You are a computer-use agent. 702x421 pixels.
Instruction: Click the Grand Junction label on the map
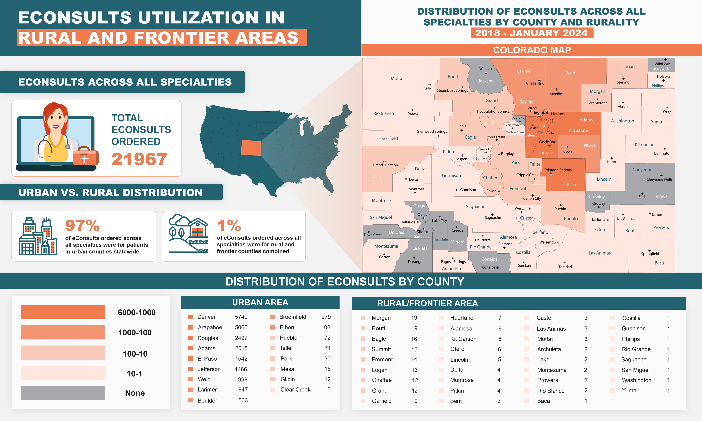click(385, 165)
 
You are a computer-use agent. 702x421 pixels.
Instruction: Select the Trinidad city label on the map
click(565, 267)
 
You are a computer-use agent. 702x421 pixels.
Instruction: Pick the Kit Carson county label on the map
click(644, 145)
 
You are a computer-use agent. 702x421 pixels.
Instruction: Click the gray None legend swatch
click(62, 393)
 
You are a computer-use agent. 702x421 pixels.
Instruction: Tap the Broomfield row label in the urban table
click(293, 317)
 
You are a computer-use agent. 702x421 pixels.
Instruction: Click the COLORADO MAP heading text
click(532, 50)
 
